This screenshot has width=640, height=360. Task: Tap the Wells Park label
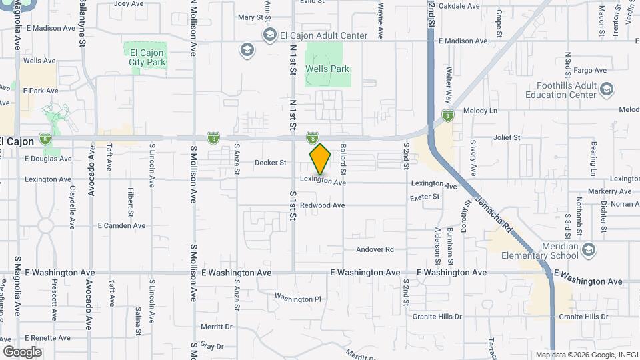[327, 69]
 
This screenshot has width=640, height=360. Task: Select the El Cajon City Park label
[146, 57]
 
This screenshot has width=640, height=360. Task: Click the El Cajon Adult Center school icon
[270, 35]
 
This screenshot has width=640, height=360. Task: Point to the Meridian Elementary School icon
[588, 249]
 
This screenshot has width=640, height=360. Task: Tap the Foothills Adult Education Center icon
[607, 89]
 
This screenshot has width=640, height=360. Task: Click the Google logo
[22, 352]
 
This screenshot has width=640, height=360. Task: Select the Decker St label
[270, 162]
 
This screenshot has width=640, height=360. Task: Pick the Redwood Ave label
[322, 205]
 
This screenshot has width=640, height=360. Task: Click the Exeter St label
[425, 197]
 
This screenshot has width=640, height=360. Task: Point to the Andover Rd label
[375, 249]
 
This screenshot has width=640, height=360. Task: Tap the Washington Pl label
[298, 299]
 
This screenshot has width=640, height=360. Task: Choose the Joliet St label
[507, 137]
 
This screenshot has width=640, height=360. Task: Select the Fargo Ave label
[590, 70]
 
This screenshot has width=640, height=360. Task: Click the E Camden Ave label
[121, 225]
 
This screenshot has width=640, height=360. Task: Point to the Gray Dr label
[211, 346]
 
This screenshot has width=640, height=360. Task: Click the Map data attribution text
[585, 354]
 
